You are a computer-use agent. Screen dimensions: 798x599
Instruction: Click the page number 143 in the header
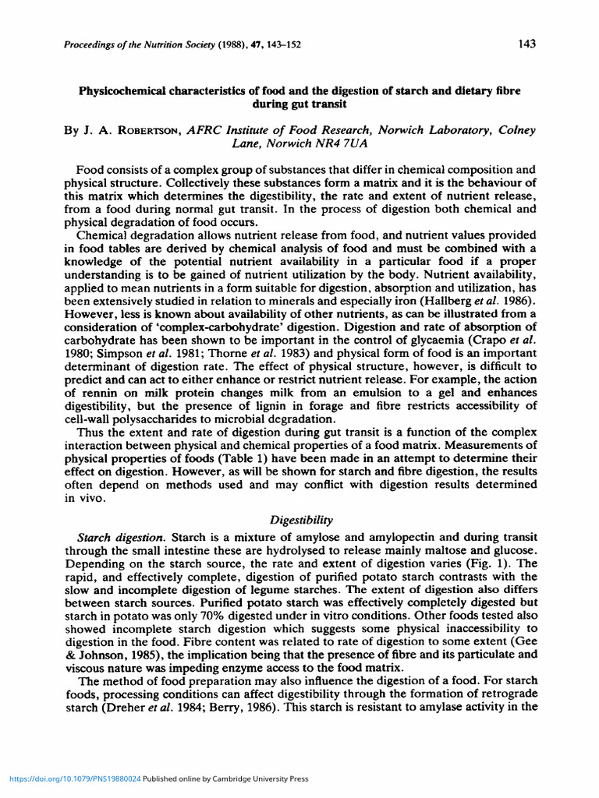click(x=526, y=44)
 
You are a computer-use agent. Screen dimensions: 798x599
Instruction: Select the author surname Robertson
click(x=147, y=131)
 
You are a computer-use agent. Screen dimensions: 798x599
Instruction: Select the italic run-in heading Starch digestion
click(x=121, y=538)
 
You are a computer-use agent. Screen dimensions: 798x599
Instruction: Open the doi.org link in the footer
click(x=75, y=779)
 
